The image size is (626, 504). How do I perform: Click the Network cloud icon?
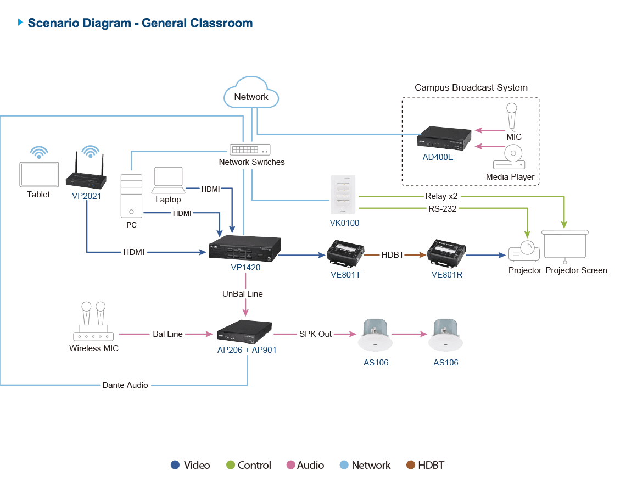[x=251, y=92]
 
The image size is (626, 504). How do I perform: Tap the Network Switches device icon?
[x=250, y=149]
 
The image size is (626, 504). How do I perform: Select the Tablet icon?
[x=39, y=174]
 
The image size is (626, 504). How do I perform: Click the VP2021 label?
[x=86, y=196]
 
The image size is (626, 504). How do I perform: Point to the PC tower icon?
[x=131, y=196]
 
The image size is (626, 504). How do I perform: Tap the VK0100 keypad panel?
[x=343, y=195]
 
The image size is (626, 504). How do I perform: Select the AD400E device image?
[x=444, y=139]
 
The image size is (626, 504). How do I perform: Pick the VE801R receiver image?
[x=446, y=253]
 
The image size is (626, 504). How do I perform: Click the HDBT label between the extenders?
[x=393, y=255]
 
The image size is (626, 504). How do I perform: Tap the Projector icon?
[x=524, y=251]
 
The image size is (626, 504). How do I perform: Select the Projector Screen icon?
[x=565, y=246]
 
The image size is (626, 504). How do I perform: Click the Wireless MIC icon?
[x=93, y=322]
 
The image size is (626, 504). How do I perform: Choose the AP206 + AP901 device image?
[x=244, y=332]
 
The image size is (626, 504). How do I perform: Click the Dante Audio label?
[x=125, y=385]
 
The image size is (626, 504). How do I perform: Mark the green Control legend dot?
[x=231, y=465]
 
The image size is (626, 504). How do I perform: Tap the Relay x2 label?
[x=441, y=196]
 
